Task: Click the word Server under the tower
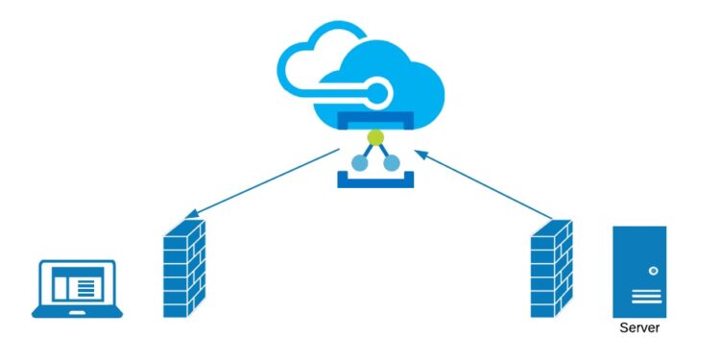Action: [639, 328]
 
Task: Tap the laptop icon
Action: [78, 288]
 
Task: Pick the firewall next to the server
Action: [551, 269]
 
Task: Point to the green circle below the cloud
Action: [375, 138]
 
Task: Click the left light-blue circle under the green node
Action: [359, 163]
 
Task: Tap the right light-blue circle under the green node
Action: [392, 163]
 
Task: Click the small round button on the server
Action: [653, 272]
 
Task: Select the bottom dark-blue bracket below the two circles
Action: [375, 180]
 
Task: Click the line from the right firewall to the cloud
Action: [490, 183]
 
